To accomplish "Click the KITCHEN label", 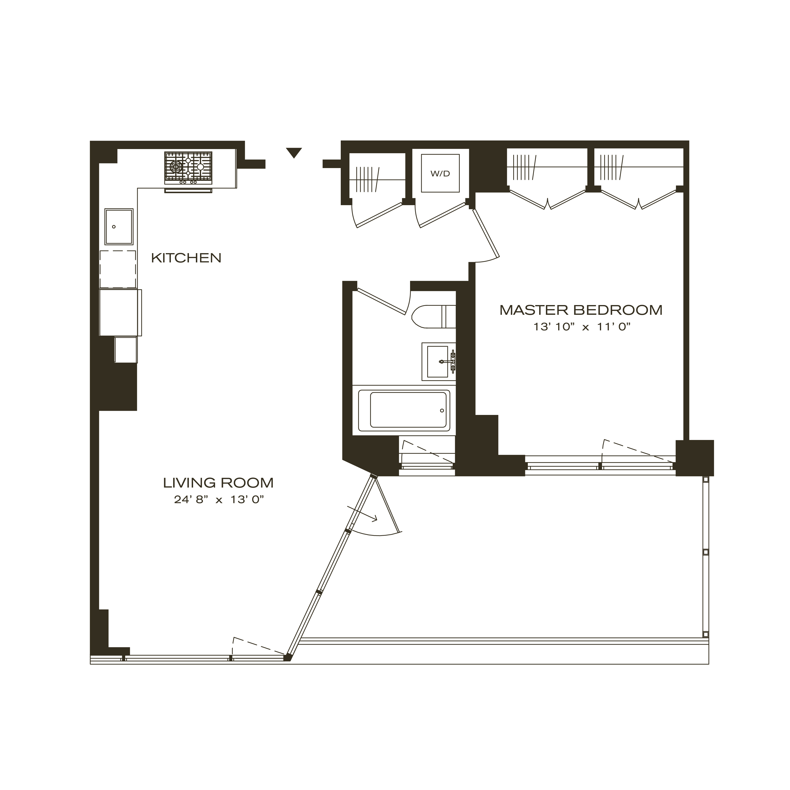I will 186,258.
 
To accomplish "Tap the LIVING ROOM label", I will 218,483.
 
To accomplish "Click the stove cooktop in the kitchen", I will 188,167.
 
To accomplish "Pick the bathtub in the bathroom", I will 404,410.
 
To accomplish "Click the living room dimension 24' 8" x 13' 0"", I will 218,500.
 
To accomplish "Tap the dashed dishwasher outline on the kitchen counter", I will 118,269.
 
